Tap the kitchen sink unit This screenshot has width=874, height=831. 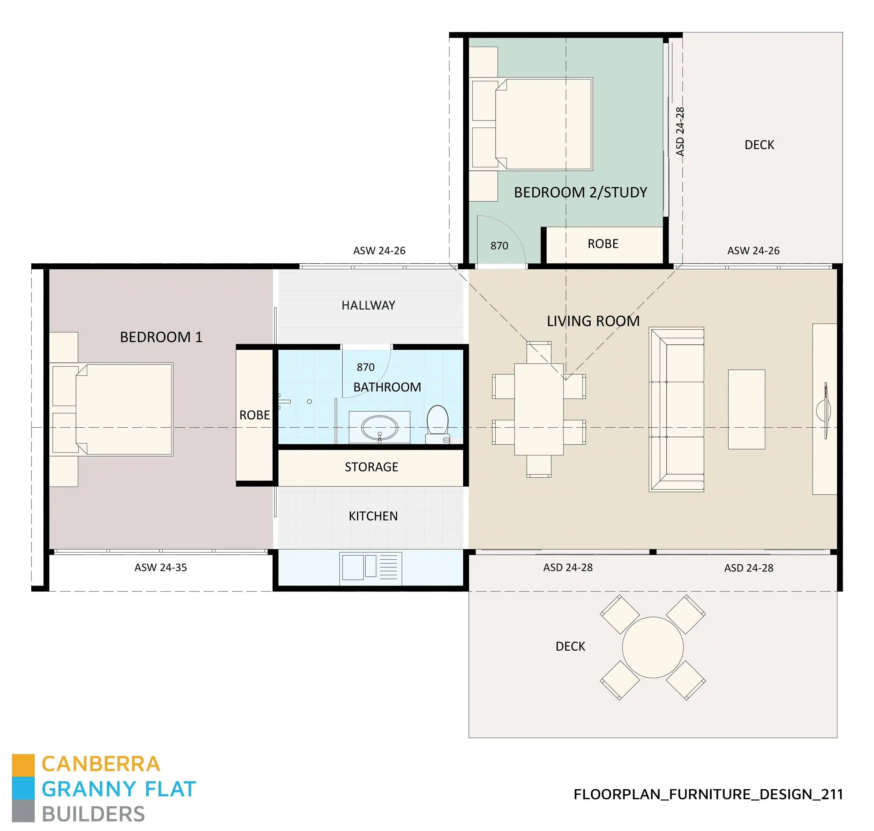(371, 568)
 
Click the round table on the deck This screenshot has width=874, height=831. (652, 647)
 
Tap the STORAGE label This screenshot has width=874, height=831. (371, 467)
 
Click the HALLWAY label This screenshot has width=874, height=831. (368, 305)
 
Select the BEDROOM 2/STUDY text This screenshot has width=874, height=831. (580, 192)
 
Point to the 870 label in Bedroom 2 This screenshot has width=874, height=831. (499, 246)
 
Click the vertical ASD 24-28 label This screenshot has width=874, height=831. (680, 132)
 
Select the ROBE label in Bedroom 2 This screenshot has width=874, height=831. (603, 244)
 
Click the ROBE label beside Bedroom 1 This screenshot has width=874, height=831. (254, 415)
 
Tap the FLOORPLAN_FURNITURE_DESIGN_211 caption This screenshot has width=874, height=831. (708, 794)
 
